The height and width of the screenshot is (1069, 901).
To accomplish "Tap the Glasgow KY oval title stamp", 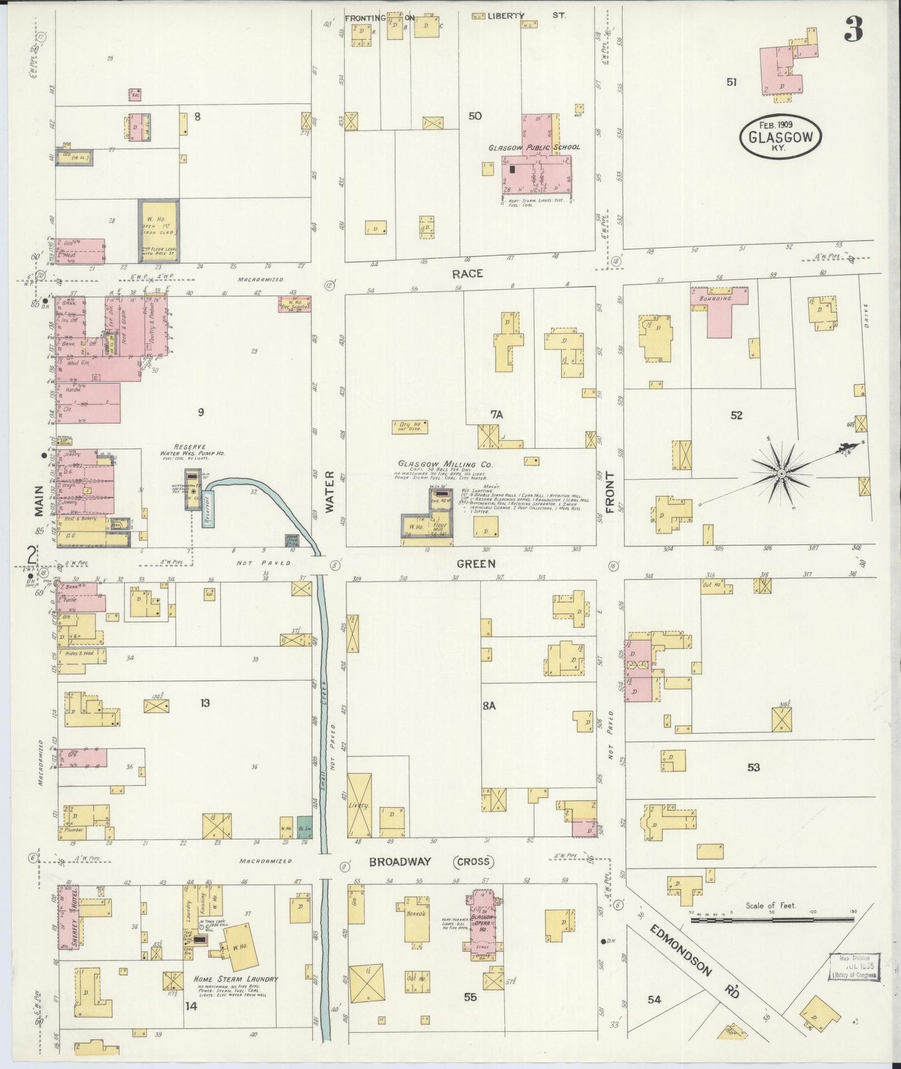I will (x=781, y=137).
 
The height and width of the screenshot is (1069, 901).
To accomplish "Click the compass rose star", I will (x=781, y=474).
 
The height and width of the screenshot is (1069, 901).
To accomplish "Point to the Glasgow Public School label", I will (x=534, y=147).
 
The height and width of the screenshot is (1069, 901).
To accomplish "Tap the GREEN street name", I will (x=476, y=564).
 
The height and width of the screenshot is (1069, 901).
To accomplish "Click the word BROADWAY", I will (x=400, y=862).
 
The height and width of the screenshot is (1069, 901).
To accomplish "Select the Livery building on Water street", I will (x=359, y=805).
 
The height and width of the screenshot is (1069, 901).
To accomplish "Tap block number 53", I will (x=754, y=767).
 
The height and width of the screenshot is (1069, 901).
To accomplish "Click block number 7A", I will (x=496, y=414).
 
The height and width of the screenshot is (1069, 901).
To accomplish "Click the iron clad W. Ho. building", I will (x=158, y=231).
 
